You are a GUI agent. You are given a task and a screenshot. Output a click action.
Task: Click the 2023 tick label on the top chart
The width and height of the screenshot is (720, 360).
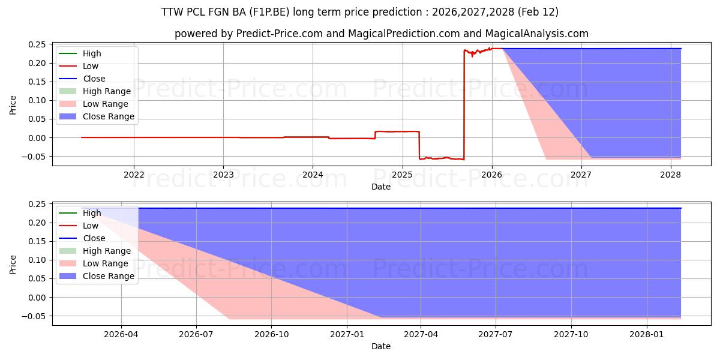223,175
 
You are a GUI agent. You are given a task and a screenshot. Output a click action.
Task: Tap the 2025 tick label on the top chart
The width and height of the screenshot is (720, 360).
402,175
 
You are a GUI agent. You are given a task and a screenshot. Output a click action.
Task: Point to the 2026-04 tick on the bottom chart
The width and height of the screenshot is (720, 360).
121,334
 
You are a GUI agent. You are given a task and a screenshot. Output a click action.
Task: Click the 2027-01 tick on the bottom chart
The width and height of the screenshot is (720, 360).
347,334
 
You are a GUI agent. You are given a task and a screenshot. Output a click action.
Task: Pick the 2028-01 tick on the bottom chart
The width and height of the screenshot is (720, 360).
647,334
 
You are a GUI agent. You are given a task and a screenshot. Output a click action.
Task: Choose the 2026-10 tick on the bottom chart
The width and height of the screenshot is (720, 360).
272,334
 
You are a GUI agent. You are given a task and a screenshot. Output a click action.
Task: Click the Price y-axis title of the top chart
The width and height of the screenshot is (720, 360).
13,105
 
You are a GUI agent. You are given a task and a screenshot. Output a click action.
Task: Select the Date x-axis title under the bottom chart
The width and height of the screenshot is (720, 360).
380,346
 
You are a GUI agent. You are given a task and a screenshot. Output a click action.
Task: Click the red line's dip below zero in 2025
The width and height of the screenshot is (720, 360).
442,158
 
